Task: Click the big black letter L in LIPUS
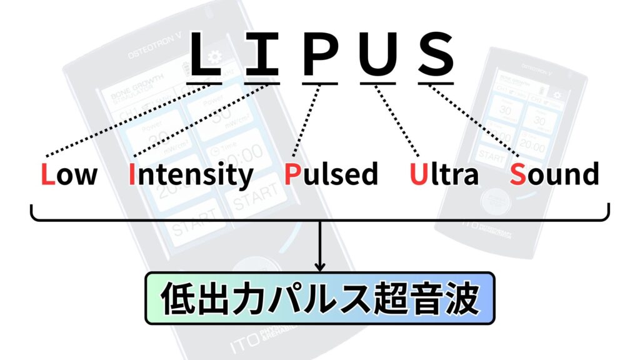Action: (x=205, y=54)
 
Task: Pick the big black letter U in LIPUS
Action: (x=377, y=55)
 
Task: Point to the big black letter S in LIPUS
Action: (x=435, y=54)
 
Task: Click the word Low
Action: (x=69, y=174)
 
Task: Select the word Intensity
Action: (x=191, y=175)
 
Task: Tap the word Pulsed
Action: (x=331, y=174)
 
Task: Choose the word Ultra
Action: (x=444, y=174)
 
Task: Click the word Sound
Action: (x=554, y=174)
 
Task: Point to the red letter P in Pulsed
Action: (x=292, y=174)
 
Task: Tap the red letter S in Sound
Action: (x=517, y=174)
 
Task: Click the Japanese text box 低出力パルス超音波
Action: (x=319, y=298)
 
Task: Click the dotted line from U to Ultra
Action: (x=398, y=119)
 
